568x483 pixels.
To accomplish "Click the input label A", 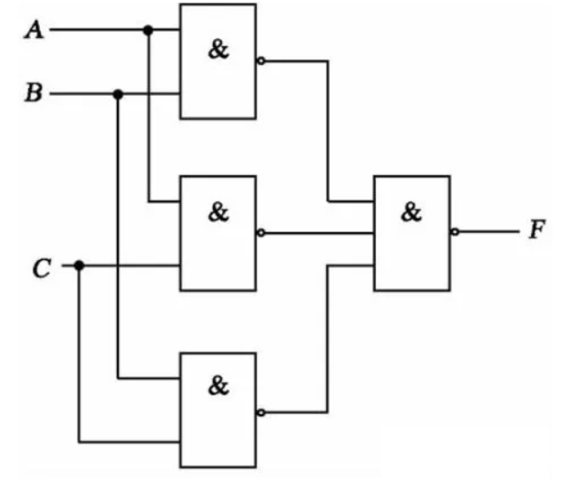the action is (x=34, y=30).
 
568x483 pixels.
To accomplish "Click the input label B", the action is (x=34, y=92).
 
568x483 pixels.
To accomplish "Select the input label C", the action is (x=42, y=268).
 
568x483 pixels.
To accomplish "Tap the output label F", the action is (x=537, y=229).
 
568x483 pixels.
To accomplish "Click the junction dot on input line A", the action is (x=149, y=30).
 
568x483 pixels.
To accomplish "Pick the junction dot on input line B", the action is (x=118, y=94).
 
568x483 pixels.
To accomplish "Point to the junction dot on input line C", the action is (x=79, y=266).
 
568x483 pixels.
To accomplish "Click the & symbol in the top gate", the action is (x=218, y=49).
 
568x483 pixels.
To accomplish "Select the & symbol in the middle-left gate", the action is (x=218, y=212).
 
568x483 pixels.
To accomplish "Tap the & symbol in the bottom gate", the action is (x=218, y=385).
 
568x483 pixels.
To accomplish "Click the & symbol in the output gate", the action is (x=411, y=212).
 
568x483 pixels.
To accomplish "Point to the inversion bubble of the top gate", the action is (x=261, y=61).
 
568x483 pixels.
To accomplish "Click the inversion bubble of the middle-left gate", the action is (x=261, y=233).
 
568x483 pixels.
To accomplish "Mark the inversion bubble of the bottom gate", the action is (x=261, y=412).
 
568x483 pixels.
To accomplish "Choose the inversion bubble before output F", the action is (x=455, y=232).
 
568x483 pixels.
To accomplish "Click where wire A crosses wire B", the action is (x=149, y=94).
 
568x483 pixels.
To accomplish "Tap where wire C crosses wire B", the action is (x=118, y=266).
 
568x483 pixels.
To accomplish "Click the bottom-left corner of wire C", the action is (x=79, y=442).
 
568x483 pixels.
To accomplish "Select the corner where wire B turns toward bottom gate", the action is (x=118, y=378).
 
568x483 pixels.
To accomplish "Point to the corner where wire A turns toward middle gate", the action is (x=149, y=201).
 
